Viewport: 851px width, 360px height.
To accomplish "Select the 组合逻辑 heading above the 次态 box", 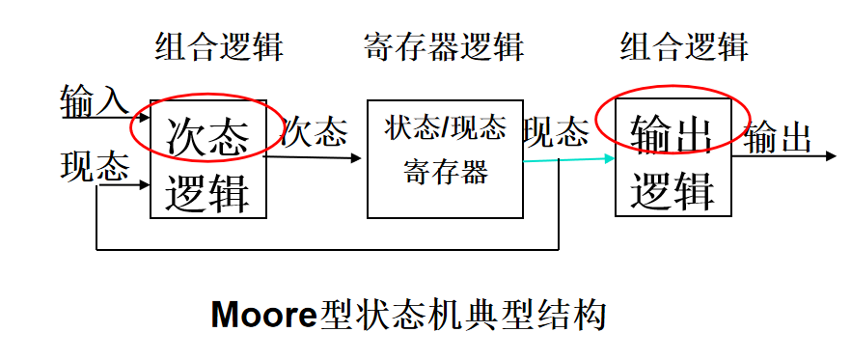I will [219, 45].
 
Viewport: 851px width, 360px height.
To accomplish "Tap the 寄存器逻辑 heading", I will [444, 45].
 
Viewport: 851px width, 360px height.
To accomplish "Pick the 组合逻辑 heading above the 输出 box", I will [683, 45].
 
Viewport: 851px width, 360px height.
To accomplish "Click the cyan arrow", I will [569, 159].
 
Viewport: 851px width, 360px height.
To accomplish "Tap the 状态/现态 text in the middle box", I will [445, 128].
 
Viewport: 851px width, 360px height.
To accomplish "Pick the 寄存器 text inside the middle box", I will [445, 173].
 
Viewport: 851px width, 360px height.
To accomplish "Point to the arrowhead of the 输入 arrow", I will [144, 119].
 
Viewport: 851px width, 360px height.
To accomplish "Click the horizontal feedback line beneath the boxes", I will [328, 249].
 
